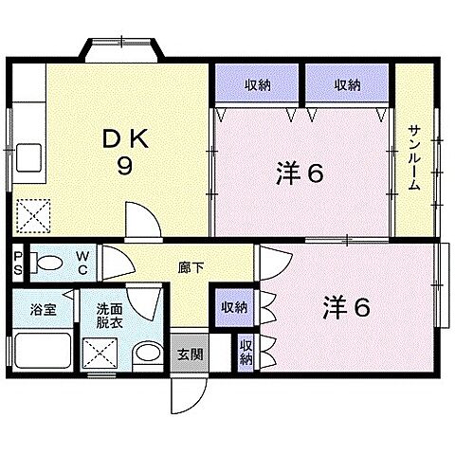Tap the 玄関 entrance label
pos(190,355)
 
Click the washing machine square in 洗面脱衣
pos(101,356)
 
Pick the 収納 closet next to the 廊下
pos(233,307)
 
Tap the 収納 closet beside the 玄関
pos(246,353)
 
